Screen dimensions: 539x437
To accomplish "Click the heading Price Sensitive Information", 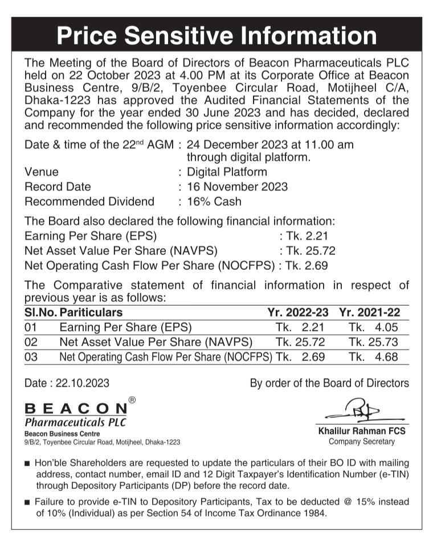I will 217,36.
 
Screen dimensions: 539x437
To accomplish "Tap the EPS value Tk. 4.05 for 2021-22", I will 373,327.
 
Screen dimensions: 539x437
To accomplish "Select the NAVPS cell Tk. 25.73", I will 373,342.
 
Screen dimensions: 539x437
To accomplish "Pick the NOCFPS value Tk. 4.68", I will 373,357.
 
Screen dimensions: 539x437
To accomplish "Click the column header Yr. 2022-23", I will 298,312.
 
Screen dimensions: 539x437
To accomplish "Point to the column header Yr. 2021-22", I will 369,312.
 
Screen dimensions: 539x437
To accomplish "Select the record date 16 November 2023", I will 237,187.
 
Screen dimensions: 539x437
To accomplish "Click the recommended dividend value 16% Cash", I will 214,201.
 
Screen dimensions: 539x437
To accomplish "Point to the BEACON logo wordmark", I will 76,409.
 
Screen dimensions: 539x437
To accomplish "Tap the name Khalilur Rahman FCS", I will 362,431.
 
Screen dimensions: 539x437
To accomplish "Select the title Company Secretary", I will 362,441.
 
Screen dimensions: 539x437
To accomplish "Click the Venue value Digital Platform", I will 227,172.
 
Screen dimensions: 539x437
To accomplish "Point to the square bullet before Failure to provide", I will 27,503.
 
